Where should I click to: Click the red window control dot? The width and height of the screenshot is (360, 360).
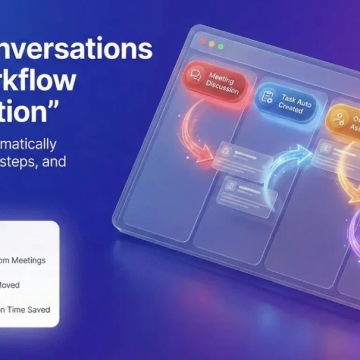[x=203, y=42]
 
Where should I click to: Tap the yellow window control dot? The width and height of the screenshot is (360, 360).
[x=212, y=44]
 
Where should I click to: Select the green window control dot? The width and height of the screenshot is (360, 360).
[x=220, y=46]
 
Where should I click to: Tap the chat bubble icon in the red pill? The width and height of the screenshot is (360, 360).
[x=195, y=74]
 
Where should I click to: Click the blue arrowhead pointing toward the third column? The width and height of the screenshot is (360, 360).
[x=303, y=152]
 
